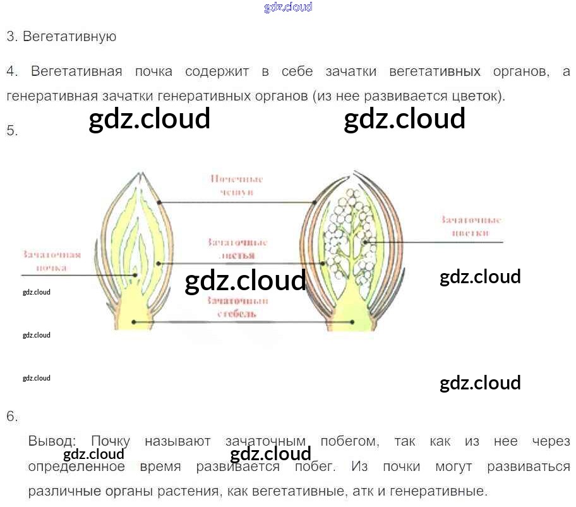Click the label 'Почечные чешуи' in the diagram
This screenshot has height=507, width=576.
(237, 185)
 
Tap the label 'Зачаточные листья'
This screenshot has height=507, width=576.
(237, 249)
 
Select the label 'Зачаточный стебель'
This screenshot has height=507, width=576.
(237, 307)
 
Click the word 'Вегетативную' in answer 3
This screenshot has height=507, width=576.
(69, 36)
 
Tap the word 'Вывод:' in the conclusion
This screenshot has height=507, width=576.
(52, 441)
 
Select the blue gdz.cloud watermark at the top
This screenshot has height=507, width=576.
(287, 8)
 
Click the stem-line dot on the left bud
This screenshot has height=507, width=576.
(134, 322)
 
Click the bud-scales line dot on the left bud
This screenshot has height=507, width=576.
(159, 202)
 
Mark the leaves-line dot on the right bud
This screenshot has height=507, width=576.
(323, 263)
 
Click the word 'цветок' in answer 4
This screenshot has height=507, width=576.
(479, 97)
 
